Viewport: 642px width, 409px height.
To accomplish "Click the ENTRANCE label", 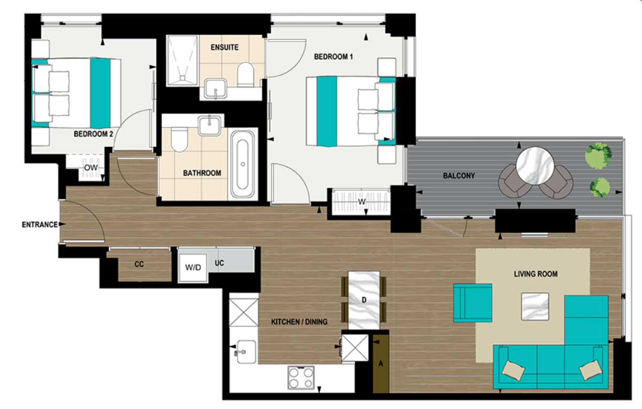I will click(x=39, y=225).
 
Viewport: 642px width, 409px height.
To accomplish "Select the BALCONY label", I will click(x=458, y=176).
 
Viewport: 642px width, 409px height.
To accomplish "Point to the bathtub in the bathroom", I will click(x=242, y=165).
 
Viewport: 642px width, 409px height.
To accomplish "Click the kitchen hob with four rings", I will click(x=302, y=377).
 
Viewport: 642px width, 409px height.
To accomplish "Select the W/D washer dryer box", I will click(x=193, y=267).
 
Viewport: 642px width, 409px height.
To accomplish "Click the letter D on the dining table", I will click(x=364, y=300).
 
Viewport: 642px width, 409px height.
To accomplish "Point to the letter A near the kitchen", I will click(x=380, y=364).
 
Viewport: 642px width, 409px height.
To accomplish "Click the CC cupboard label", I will click(x=139, y=264).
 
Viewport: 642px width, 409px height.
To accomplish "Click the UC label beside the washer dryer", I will click(x=219, y=264).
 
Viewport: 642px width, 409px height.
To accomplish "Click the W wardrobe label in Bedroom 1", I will click(x=362, y=202).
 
